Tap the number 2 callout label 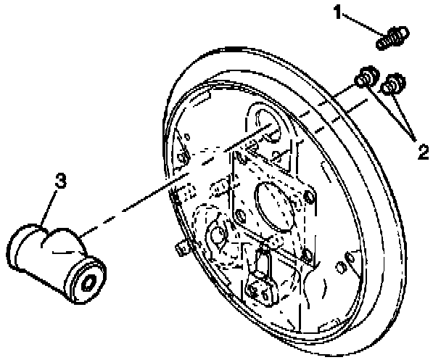click(x=421, y=152)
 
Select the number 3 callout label click(x=62, y=181)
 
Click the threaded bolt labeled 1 click(x=392, y=37)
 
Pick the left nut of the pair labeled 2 click(x=364, y=78)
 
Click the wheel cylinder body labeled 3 click(x=51, y=254)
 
